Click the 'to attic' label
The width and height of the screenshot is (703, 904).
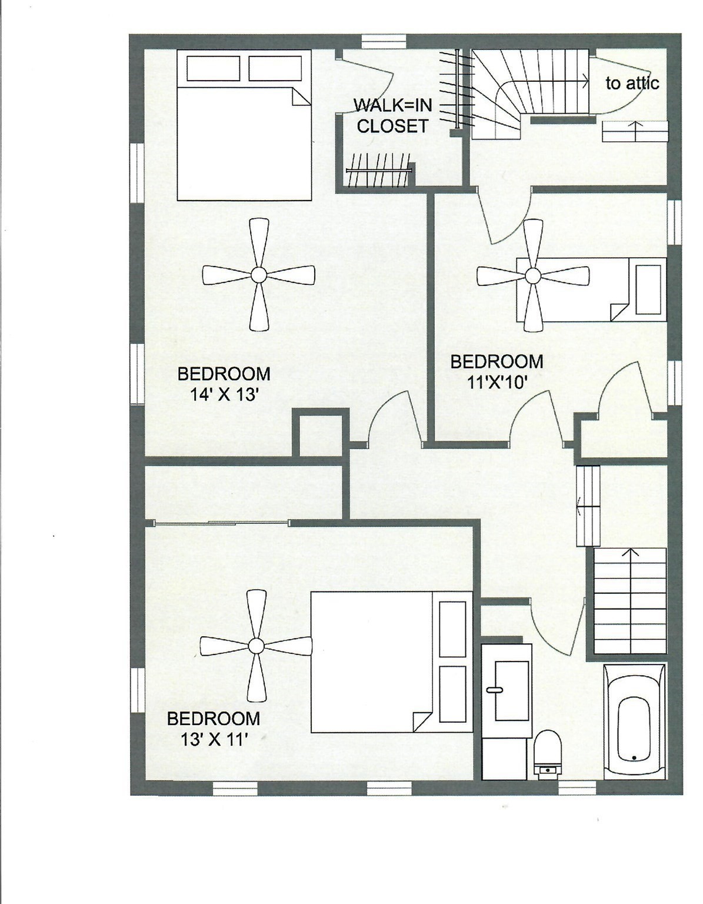(x=632, y=84)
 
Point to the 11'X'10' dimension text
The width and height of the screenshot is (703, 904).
(x=497, y=383)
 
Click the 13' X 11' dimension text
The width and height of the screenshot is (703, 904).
(x=213, y=739)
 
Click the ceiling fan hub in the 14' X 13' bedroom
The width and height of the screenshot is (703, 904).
(x=258, y=274)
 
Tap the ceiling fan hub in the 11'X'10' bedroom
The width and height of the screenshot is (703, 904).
(x=532, y=275)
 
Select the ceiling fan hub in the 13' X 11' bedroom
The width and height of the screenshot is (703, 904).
(x=256, y=646)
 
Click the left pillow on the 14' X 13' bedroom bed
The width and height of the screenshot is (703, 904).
(x=213, y=68)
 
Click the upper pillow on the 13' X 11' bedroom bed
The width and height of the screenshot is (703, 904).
(x=452, y=628)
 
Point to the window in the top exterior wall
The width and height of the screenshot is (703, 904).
(x=384, y=41)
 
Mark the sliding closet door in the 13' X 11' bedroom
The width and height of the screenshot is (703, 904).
(x=221, y=523)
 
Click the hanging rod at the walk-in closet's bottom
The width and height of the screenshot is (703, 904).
(x=377, y=170)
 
